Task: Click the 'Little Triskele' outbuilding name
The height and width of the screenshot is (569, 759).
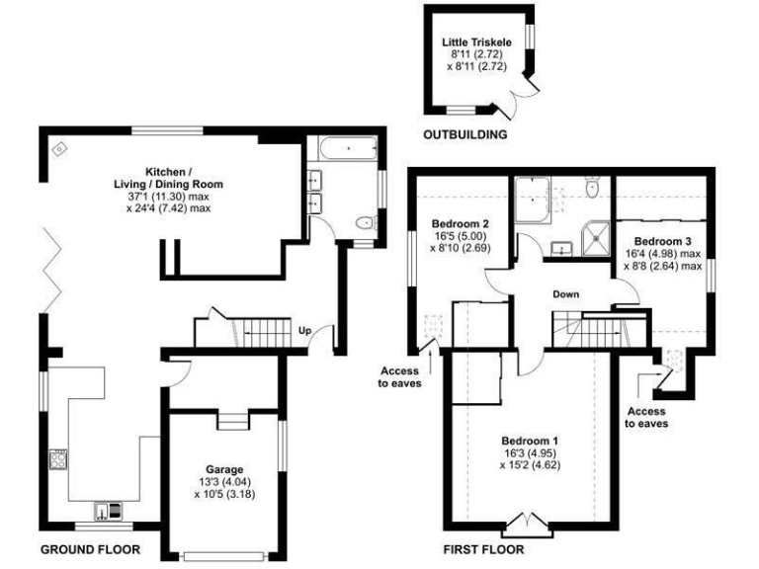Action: click(x=478, y=43)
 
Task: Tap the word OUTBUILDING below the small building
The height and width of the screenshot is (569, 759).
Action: click(x=464, y=134)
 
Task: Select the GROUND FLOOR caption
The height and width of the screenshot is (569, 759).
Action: click(x=90, y=549)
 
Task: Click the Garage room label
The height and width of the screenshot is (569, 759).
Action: click(x=224, y=470)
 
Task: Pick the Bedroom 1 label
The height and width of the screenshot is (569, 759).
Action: click(x=530, y=441)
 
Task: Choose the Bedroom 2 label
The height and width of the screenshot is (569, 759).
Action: click(x=461, y=222)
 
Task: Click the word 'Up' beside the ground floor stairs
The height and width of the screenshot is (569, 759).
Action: click(x=304, y=332)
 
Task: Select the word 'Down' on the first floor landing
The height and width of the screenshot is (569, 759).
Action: click(x=566, y=294)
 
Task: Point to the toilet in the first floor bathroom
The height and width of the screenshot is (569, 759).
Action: click(x=591, y=187)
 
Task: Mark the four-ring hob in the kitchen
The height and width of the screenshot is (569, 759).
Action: click(x=58, y=459)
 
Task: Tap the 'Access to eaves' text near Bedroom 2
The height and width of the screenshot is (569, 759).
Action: click(x=399, y=377)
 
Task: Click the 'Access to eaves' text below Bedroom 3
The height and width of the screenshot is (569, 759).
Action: click(x=645, y=416)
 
